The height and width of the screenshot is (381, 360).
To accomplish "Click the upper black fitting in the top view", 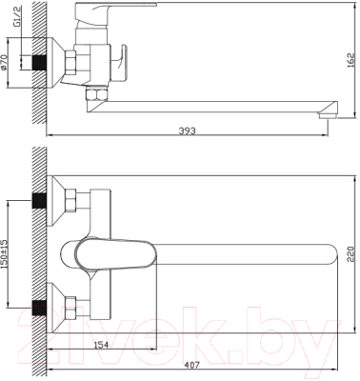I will (x=40, y=202).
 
